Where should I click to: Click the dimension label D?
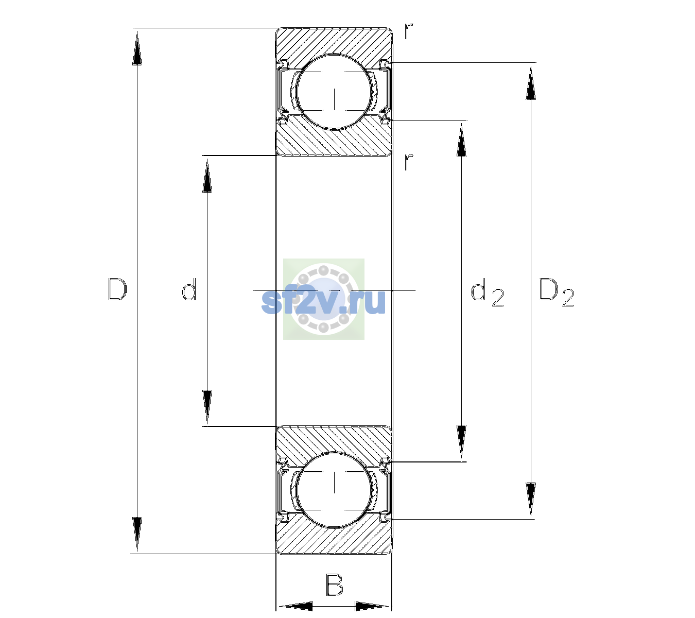click(x=117, y=289)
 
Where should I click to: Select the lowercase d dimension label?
click(x=189, y=289)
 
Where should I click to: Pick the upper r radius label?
click(x=409, y=31)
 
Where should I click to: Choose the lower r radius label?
click(x=409, y=162)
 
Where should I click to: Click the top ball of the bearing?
click(x=334, y=92)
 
